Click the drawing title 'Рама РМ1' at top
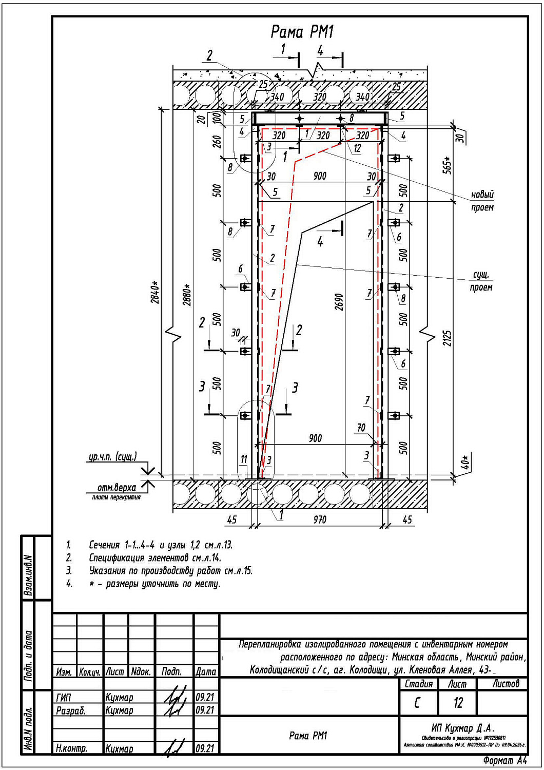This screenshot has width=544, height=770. pos(302,33)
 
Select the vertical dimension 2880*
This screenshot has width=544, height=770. pos(187,295)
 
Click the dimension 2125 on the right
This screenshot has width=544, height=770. pos(448,338)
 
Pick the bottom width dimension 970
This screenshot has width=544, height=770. pos(320,520)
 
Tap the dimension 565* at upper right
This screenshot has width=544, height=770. pos(448,165)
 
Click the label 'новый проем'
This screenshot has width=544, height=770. pos(482,201)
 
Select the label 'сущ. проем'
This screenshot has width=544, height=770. pos(481,281)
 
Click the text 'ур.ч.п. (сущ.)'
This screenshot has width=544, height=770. pos(112,456)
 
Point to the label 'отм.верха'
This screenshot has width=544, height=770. pos(116,488)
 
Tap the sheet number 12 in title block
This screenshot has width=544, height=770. pos(458,703)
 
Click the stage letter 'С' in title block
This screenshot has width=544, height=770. pos(417,703)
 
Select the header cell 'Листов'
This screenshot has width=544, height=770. pos(506,684)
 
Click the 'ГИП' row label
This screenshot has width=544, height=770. pos(64,698)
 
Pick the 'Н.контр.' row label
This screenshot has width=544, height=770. pos(71,748)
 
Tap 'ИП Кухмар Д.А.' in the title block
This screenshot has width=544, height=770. pos(463,728)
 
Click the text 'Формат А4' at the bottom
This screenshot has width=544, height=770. pos(505,760)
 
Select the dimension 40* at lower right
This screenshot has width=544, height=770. pos(465,462)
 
